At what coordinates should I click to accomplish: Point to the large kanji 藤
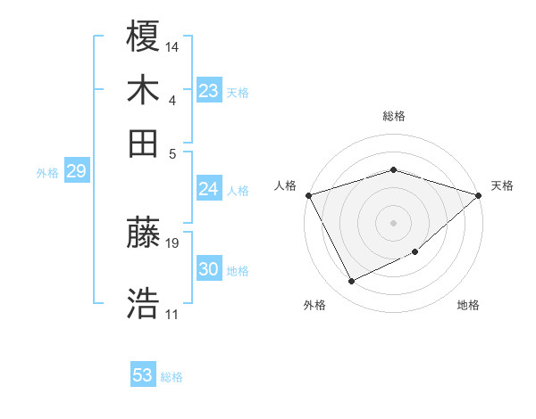144,234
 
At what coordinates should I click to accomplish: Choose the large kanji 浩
144,303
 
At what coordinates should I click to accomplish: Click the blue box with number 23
209,91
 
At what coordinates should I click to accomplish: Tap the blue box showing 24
209,189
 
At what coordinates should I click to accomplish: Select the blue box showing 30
209,270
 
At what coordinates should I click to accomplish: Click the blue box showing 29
76,172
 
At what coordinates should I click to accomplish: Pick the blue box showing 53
143,375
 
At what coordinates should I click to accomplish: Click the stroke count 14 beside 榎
172,45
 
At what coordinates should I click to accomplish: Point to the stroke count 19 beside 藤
172,242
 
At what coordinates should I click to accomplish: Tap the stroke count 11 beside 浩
172,314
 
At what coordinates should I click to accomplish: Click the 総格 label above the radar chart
393,116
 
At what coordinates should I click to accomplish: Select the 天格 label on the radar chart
502,185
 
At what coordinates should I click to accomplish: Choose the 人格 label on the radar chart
286,185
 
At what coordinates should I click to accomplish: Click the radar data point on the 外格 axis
351,282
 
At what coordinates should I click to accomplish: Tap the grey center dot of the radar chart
393,223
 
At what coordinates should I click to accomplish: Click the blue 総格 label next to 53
172,377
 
